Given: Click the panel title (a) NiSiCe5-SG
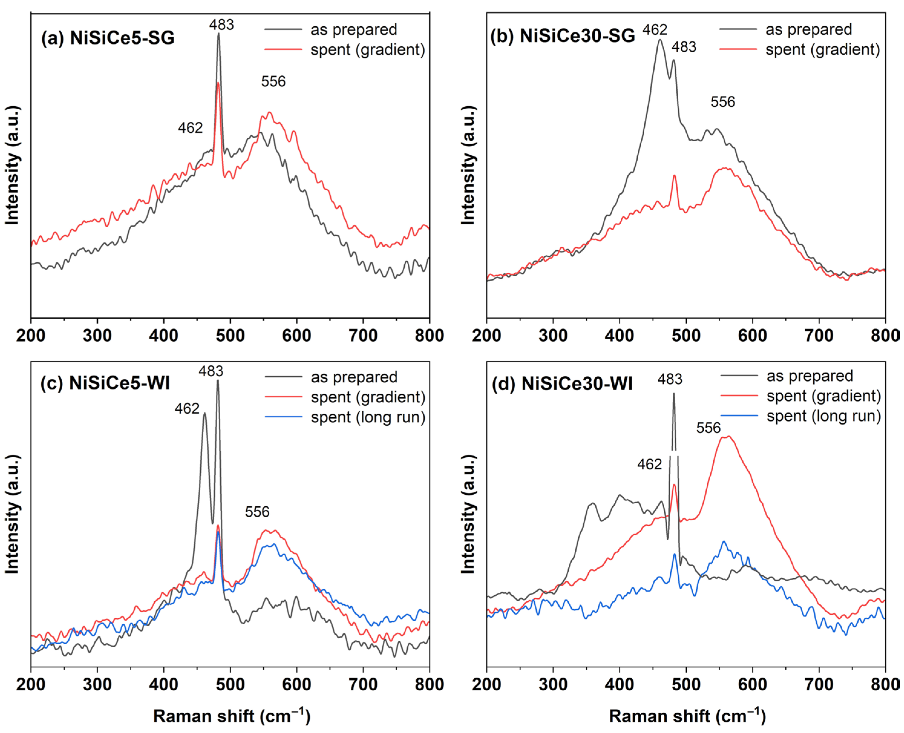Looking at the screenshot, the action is pos(108,38).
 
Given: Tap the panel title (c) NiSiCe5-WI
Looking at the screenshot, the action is pos(105,383).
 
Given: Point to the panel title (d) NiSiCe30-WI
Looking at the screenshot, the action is pos(562,384).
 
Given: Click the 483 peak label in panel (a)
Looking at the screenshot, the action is pos(221,25).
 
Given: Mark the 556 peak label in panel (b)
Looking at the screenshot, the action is pos(722,102).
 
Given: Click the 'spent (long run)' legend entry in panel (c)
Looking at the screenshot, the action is pos(345,417).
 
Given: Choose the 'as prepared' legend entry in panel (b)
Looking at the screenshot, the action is pos(786,30).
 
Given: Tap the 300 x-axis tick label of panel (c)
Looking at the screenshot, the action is pos(97,685).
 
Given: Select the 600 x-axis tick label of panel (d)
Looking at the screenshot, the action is pos(752,685).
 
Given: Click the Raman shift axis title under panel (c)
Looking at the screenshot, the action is pos(232,716).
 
